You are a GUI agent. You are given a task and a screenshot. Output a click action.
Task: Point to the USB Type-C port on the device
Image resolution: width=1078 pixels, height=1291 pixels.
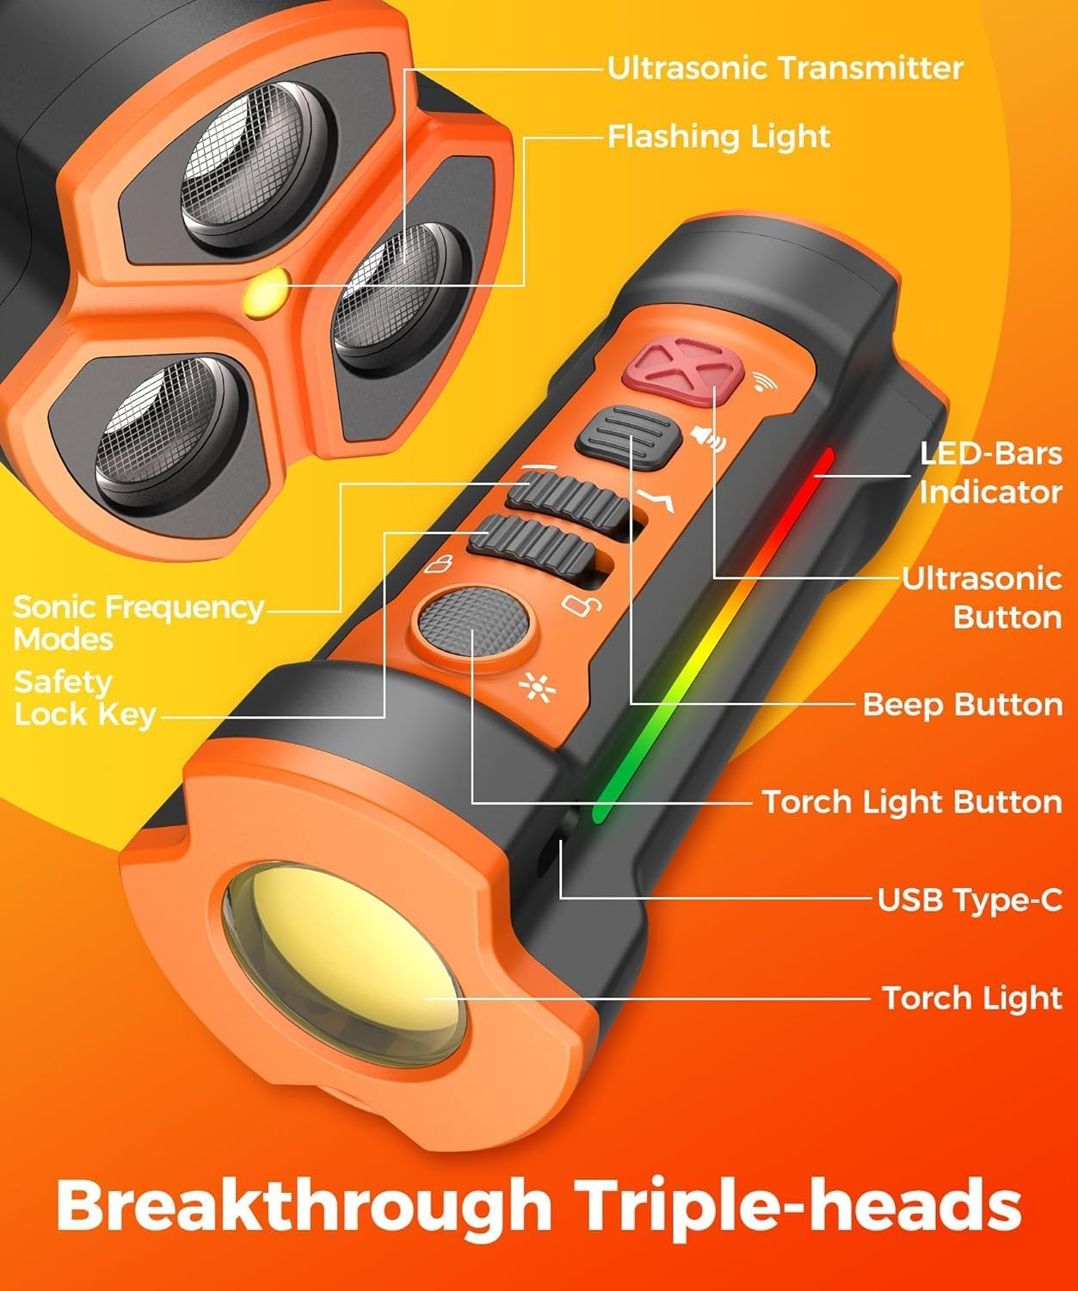[565, 834]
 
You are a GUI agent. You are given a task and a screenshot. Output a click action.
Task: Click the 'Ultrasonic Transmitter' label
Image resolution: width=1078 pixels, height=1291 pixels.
[785, 68]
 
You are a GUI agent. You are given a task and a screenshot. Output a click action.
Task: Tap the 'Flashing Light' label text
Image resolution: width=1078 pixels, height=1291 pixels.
[718, 136]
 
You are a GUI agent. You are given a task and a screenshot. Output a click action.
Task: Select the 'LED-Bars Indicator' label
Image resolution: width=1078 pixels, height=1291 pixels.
[989, 473]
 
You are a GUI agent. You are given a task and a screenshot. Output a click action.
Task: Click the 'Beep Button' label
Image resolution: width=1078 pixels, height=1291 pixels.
[962, 704]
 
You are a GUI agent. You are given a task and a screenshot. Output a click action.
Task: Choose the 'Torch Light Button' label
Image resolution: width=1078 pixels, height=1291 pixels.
[912, 801]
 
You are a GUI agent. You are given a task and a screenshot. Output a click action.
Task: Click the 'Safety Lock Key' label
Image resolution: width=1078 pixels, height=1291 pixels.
[84, 698]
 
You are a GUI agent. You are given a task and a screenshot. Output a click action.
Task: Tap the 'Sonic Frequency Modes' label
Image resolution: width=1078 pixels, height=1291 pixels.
[138, 622]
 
